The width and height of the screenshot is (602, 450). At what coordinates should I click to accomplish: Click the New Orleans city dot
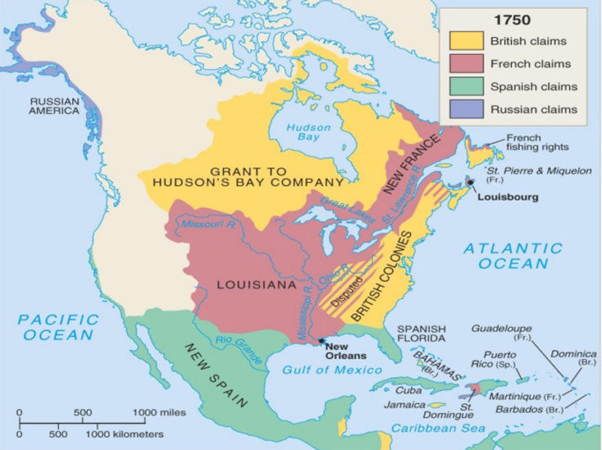(320, 340)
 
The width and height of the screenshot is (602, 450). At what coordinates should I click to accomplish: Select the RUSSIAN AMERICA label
(56, 106)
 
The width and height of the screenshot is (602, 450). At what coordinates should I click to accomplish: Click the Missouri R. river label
(206, 225)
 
